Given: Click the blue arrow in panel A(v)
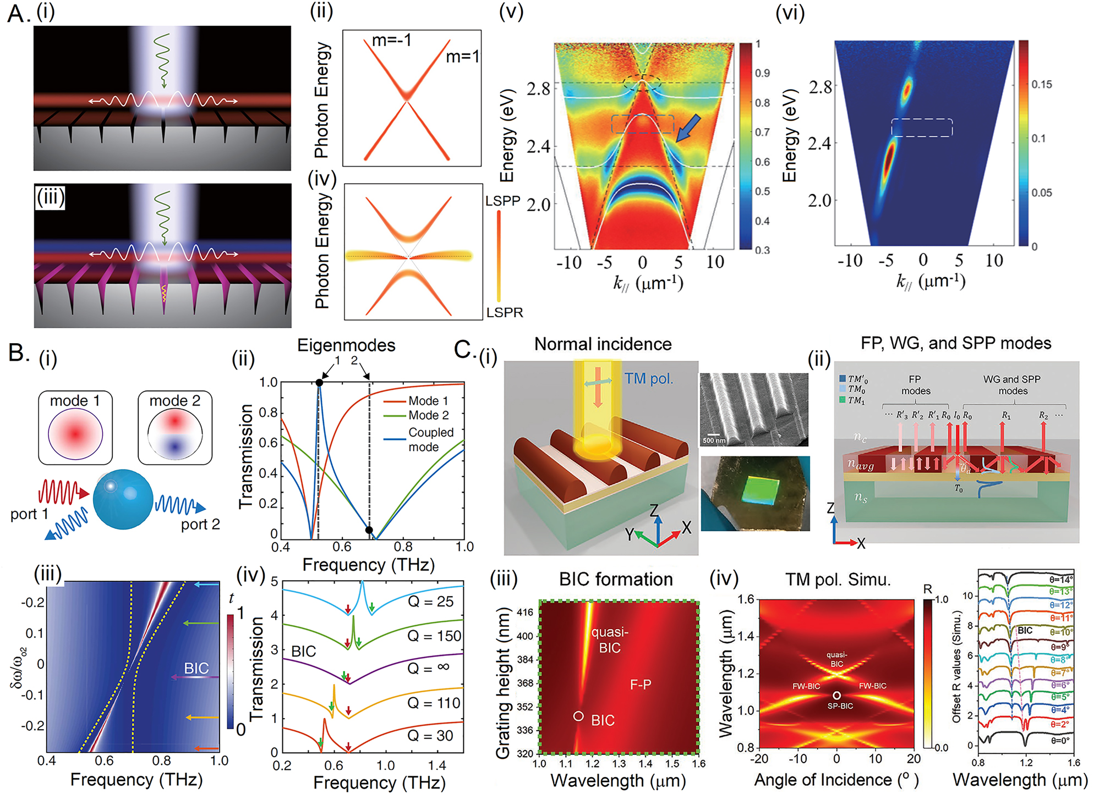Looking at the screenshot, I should pos(688,128).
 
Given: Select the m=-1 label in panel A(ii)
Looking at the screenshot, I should pos(392,40).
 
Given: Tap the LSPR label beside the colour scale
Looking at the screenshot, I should pos(504,312).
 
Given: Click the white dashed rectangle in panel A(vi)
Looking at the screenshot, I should pos(922,128).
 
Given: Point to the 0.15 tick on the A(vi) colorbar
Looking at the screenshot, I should pos(1041,84).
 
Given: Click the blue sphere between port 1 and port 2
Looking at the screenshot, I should pos(122,499).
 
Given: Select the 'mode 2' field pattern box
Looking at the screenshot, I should pos(175,428).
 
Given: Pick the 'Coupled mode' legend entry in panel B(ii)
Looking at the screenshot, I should pos(430,439).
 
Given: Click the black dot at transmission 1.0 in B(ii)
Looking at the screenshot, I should pos(319,383).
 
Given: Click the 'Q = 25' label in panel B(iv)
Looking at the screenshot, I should pos(430,602).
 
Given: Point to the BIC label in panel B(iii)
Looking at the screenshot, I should pos(196,668).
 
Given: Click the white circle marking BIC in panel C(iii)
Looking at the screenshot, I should pos(578,716).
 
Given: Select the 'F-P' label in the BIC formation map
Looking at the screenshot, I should pos(641,685).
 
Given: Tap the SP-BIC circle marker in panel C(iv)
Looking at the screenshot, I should pos(836,696).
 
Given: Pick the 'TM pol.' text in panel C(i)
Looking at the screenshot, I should pos(648,378).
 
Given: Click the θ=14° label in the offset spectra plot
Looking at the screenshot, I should pos(1060,579).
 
